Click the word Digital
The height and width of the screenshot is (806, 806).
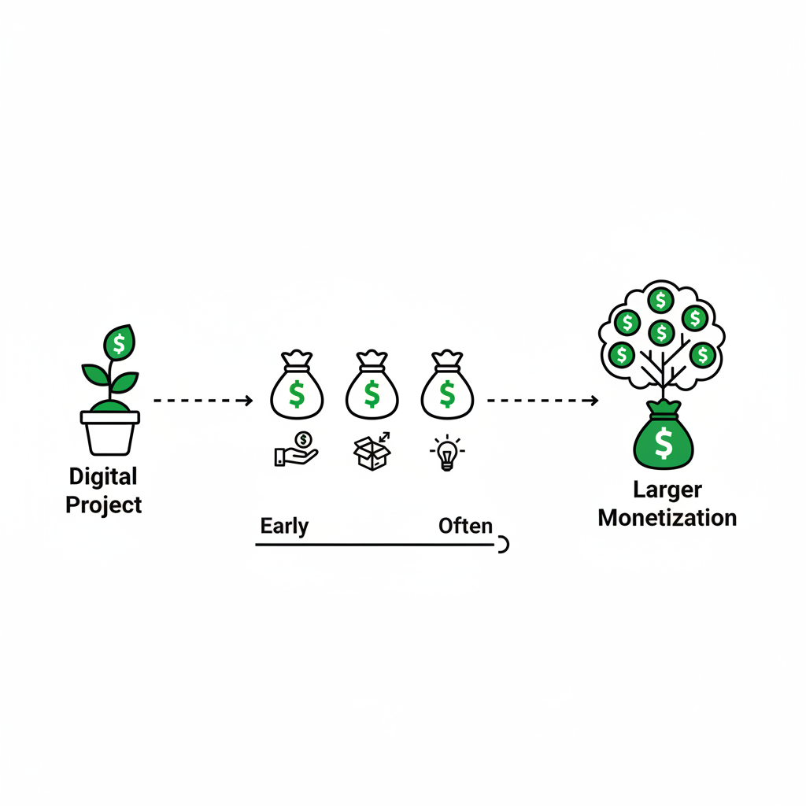click(103, 477)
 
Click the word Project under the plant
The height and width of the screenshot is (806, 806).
click(103, 505)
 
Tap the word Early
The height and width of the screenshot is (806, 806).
click(284, 526)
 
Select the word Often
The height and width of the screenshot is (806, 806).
click(465, 526)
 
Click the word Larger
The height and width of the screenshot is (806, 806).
click(667, 490)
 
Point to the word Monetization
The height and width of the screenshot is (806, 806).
click(667, 518)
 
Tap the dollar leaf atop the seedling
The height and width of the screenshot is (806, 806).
click(119, 343)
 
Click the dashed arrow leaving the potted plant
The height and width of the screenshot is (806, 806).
click(203, 401)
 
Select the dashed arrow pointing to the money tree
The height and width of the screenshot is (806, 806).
click(542, 401)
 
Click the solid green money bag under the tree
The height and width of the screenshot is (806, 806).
click(664, 440)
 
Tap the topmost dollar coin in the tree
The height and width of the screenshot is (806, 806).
click(660, 299)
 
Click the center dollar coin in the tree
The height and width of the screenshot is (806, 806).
click(661, 332)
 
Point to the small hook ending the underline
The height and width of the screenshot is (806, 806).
click(503, 545)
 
